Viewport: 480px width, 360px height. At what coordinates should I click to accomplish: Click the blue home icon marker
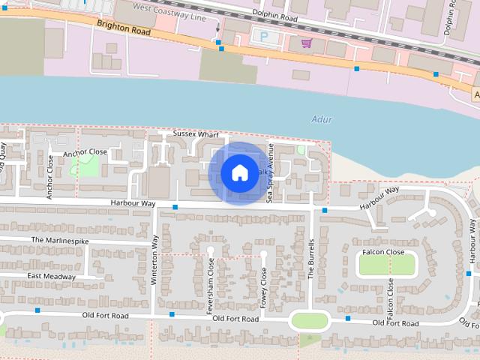(239, 172)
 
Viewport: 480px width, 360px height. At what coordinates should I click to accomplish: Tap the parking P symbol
(263, 35)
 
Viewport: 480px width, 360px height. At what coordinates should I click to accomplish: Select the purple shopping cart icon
(306, 43)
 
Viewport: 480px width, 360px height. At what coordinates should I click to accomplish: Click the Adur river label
(321, 119)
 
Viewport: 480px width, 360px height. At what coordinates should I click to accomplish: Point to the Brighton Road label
(124, 28)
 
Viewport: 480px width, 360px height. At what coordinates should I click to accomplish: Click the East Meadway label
(51, 276)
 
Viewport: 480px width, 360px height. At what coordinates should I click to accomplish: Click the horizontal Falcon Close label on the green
(382, 252)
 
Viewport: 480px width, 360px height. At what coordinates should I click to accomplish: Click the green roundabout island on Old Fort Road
(310, 321)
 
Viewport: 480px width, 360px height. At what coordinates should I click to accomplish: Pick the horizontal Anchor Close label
(85, 152)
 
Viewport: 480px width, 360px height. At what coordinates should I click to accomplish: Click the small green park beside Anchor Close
(88, 166)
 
